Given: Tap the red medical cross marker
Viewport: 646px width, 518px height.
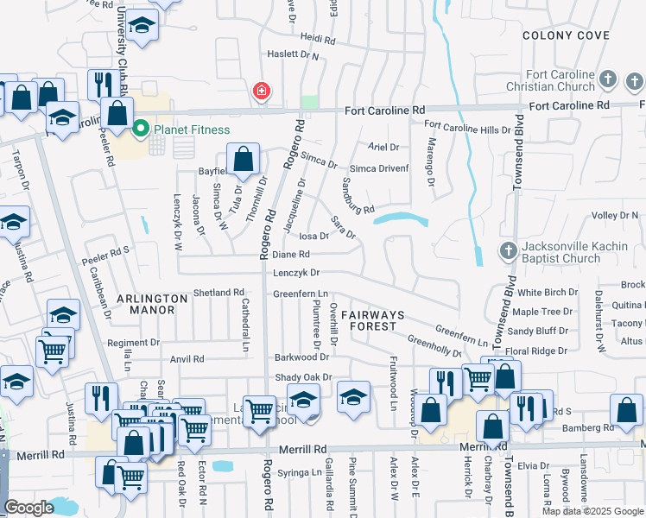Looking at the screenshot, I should point(260,91).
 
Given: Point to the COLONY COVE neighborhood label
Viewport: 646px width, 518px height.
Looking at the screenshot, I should point(567,35).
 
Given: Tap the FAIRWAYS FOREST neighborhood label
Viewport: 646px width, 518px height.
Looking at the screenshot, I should point(368,320).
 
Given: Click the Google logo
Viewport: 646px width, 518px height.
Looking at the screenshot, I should point(28,508).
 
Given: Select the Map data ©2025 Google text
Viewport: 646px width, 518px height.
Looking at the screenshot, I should point(592,511).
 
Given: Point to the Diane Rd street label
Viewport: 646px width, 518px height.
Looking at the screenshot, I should point(291,255).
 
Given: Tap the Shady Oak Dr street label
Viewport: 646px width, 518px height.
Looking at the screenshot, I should point(303,377).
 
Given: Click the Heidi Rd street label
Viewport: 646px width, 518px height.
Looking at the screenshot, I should point(317,39).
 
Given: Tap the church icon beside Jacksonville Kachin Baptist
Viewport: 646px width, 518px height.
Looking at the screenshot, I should point(508,251).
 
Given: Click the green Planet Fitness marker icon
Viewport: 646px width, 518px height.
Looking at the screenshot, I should point(140,130).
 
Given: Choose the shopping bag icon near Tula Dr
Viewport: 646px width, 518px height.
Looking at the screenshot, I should point(244,160).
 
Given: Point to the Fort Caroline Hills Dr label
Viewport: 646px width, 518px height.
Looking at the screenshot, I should point(468,129).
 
